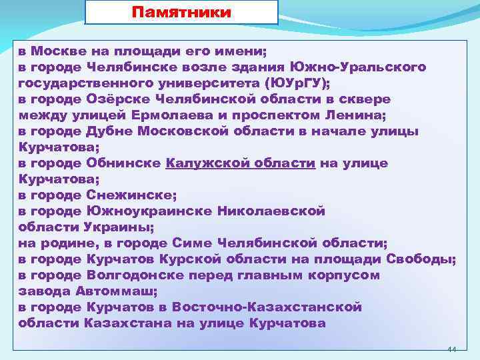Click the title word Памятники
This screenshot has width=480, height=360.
pyautogui.click(x=181, y=13)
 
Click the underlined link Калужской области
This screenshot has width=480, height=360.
pyautogui.click(x=240, y=163)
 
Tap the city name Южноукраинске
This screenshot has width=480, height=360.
pyautogui.click(x=147, y=211)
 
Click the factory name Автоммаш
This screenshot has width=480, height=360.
pyautogui.click(x=107, y=291)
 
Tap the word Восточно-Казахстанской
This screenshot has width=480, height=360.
pyautogui.click(x=267, y=307)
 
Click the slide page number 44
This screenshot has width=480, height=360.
pyautogui.click(x=451, y=349)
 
